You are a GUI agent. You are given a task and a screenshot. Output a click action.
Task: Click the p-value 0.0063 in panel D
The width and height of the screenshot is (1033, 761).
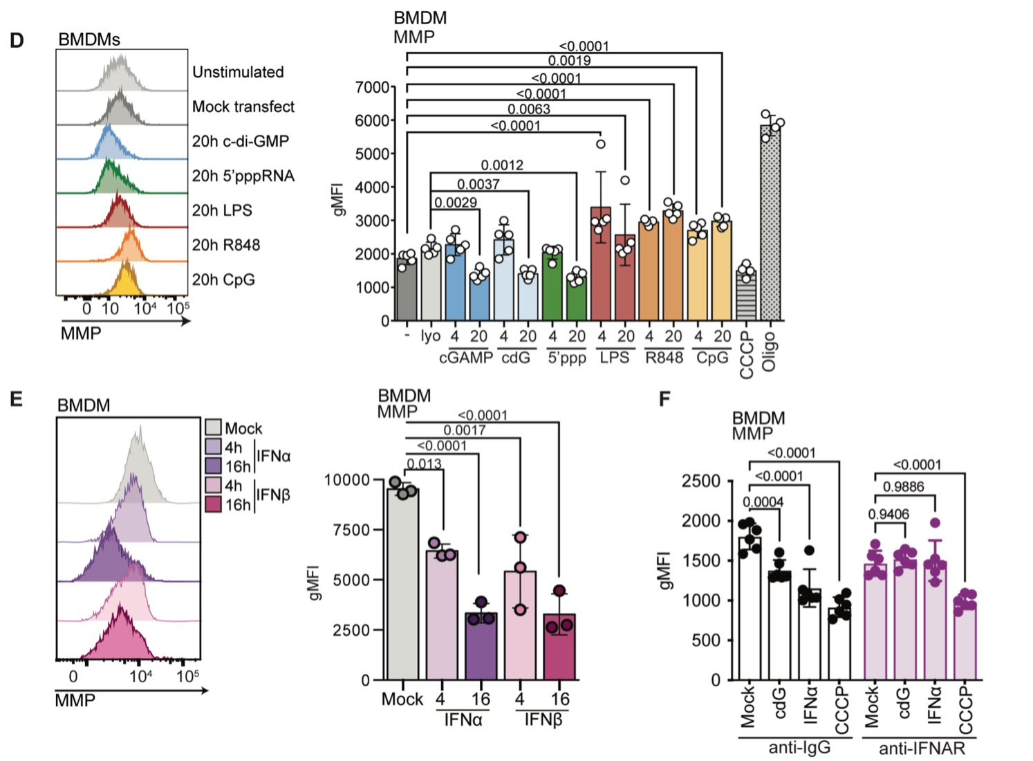[x=529, y=109]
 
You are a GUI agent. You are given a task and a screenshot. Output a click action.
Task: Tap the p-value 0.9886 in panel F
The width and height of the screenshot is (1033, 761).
[x=903, y=487]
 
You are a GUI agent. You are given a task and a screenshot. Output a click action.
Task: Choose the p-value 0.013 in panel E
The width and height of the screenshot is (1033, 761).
[x=424, y=464]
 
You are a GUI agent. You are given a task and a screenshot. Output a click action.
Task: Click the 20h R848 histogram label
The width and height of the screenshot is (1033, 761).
[x=226, y=245]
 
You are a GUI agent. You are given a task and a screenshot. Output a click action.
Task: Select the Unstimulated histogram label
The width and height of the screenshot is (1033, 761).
[x=238, y=72]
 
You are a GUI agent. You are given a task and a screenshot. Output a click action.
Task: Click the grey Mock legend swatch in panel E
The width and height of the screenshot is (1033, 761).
[x=213, y=427]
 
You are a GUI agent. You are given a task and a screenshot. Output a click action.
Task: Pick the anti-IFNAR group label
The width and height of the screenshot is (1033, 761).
[x=921, y=748]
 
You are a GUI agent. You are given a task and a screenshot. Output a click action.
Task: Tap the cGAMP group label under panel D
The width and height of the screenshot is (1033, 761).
[x=466, y=358]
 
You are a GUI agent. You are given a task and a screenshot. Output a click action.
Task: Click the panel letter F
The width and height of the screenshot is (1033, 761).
[x=664, y=399]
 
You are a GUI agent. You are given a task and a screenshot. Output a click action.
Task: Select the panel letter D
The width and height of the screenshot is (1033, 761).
[x=17, y=40]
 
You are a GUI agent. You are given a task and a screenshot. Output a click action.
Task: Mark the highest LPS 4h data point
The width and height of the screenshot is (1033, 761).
[x=601, y=144]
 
